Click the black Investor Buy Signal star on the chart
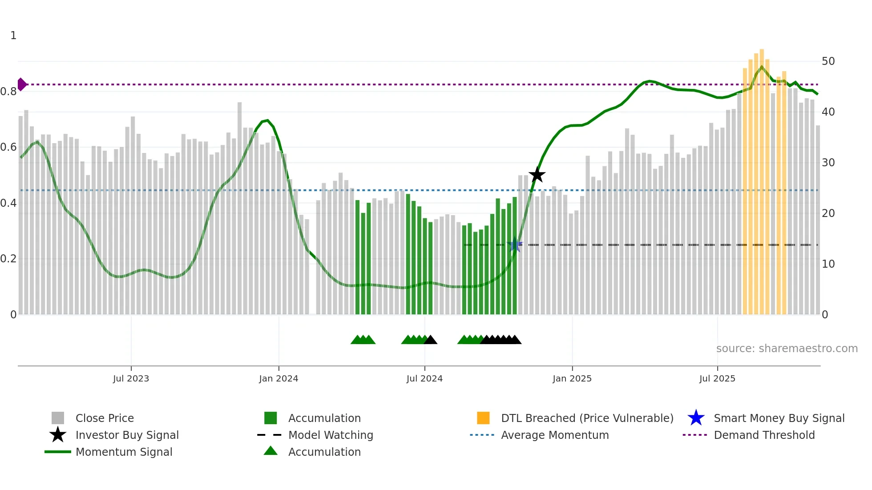tap(537, 175)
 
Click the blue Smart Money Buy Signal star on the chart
tap(515, 245)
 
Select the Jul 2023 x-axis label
tap(131, 378)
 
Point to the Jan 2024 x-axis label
tap(279, 378)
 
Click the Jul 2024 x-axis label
tap(424, 378)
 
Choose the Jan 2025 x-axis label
tap(572, 378)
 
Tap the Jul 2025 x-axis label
tap(717, 378)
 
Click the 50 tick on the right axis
tap(828, 61)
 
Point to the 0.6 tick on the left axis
tap(9, 147)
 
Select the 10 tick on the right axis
tap(828, 264)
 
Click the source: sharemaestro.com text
tap(787, 349)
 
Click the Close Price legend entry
tap(105, 418)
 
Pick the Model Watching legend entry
tap(331, 435)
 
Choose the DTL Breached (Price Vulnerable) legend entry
tap(587, 418)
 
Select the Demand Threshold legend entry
tap(764, 435)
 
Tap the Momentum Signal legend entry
tap(124, 452)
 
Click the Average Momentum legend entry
tap(555, 435)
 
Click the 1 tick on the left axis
tap(13, 36)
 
